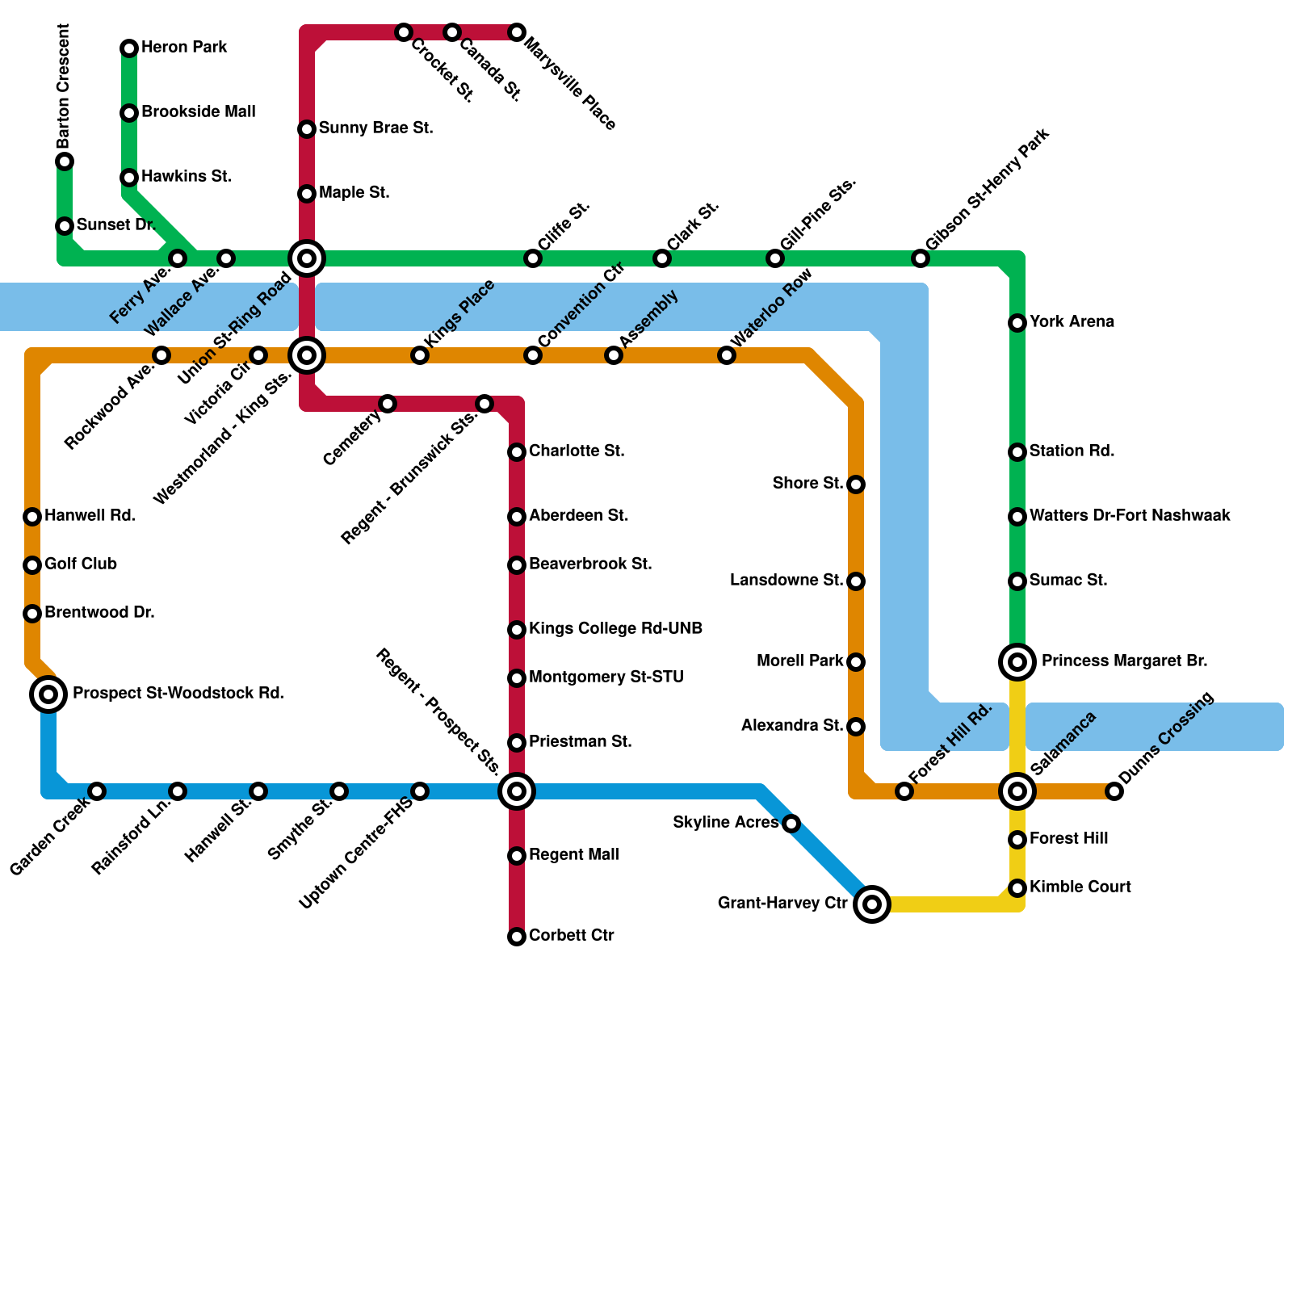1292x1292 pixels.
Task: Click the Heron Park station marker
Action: point(129,48)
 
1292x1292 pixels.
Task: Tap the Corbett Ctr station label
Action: point(572,936)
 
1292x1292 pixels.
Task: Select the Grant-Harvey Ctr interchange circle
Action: point(872,904)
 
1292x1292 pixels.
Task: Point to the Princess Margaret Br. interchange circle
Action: point(1017,662)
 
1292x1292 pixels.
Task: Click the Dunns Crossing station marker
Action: point(1114,791)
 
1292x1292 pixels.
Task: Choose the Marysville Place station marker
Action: point(517,32)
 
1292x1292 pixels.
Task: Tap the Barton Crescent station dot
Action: point(65,161)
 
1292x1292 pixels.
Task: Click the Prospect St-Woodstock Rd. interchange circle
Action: point(48,694)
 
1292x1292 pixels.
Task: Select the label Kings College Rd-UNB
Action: point(615,629)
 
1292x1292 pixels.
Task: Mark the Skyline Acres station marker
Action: point(791,824)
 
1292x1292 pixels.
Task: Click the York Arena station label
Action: point(1072,322)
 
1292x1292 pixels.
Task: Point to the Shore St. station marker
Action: point(856,484)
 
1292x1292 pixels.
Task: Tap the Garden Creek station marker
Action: point(97,791)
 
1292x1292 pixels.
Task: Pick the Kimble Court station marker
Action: point(1017,888)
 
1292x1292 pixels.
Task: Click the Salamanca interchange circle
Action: point(1017,791)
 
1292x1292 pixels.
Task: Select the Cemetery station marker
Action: point(388,404)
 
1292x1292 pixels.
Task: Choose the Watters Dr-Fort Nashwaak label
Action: point(1130,516)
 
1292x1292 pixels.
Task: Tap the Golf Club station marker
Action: point(32,565)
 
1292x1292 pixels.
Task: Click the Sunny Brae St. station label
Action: point(375,128)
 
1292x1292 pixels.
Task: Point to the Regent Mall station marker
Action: point(517,856)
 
